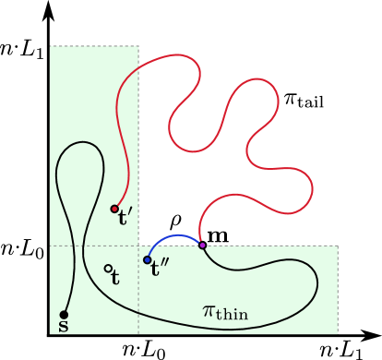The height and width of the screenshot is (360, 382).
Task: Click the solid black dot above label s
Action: point(64,315)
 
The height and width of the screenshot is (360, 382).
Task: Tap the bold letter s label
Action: point(64,327)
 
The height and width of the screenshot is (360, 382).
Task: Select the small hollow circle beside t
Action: point(108,269)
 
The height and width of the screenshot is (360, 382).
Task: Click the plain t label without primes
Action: point(115,278)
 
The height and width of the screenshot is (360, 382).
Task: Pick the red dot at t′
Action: point(114,209)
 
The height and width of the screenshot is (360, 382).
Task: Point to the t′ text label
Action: point(125,218)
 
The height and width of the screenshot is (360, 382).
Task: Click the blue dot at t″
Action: point(147,260)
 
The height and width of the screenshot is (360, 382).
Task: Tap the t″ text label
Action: point(160,270)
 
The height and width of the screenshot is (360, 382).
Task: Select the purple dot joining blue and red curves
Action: point(202,245)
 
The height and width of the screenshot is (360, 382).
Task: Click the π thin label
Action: point(224,312)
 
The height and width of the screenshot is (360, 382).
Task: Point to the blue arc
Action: point(172,238)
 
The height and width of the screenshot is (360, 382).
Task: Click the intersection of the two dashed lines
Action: point(138,246)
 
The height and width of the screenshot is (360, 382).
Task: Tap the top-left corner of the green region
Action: point(50,45)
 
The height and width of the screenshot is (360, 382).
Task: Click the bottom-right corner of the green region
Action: point(338,333)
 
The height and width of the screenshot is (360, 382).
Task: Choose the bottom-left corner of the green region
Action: point(50,333)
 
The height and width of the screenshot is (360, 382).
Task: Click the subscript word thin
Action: point(233,316)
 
